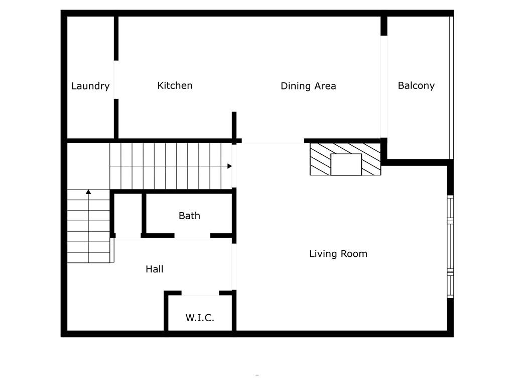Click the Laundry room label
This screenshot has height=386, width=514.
[90, 86]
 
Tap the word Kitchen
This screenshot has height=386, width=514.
[175, 85]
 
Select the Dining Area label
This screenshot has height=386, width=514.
[308, 85]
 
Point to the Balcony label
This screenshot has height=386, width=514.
[416, 85]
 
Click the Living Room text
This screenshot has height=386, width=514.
[338, 253]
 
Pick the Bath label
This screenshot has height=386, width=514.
[189, 215]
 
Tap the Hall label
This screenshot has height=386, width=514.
[155, 269]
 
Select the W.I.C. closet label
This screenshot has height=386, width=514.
[200, 318]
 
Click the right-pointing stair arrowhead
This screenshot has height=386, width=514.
[229, 166]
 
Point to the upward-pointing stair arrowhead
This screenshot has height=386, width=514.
[88, 191]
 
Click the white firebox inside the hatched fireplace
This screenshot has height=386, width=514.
[346, 164]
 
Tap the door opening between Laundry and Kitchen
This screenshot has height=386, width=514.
[116, 80]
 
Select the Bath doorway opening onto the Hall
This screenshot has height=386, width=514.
[192, 236]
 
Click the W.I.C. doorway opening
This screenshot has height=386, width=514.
[200, 293]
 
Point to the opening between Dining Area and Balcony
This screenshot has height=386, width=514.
[384, 86]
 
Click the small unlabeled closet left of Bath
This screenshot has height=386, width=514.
[128, 214]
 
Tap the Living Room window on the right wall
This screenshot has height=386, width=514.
[450, 247]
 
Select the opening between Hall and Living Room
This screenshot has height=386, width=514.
[234, 266]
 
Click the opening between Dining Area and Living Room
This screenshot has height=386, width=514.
[273, 141]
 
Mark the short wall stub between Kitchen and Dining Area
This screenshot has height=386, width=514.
[234, 125]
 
